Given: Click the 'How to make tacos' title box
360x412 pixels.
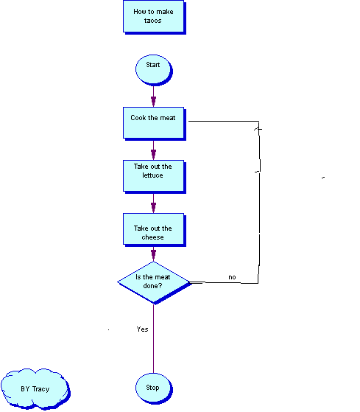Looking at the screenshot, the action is pos(155,17).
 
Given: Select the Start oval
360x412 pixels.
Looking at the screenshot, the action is pos(154,70).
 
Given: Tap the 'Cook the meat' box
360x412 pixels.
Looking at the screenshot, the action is pos(155,124).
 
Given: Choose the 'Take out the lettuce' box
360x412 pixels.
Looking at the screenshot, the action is pos(155,177).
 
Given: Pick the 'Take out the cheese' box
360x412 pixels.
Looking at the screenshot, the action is pos(155,230).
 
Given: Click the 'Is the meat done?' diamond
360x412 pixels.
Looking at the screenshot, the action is pos(155,283).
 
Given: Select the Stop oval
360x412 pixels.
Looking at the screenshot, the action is pos(154,388).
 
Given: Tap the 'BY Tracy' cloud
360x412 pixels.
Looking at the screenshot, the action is pos(35,389).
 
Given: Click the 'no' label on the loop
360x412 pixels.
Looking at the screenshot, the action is pos(232,277).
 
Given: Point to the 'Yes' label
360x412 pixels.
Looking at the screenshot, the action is pos(142,329).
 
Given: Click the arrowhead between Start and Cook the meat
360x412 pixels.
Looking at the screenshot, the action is pos(154,101).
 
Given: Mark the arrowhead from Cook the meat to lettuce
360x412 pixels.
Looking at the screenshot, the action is pos(154,154).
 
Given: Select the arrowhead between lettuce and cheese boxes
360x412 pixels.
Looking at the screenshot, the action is pos(154,207).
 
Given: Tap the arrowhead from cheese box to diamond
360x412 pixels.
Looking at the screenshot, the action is pos(154,254).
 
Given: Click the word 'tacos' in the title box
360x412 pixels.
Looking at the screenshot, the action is pos(152,21).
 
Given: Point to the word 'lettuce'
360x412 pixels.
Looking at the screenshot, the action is pos(152,175).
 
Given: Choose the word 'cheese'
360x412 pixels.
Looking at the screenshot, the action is pos(152,237).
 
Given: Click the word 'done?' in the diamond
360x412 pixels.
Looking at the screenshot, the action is pos(152,286).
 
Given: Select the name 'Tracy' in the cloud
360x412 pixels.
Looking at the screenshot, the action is pos(41,389).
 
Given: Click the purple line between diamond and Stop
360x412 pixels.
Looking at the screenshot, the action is pos(154,338).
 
